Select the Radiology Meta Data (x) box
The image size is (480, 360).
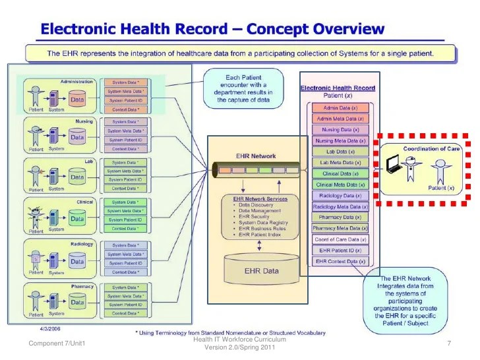pyautogui.click(x=340, y=206)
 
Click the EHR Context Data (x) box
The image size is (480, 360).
pyautogui.click(x=340, y=262)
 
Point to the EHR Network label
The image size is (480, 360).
pyautogui.click(x=255, y=156)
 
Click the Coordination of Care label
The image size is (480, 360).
pyautogui.click(x=431, y=149)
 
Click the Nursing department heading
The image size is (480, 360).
pyautogui.click(x=84, y=121)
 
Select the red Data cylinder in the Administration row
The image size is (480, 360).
pyautogui.click(x=77, y=100)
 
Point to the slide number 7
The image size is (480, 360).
pyautogui.click(x=448, y=344)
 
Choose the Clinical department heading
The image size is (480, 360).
pyautogui.click(x=84, y=202)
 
